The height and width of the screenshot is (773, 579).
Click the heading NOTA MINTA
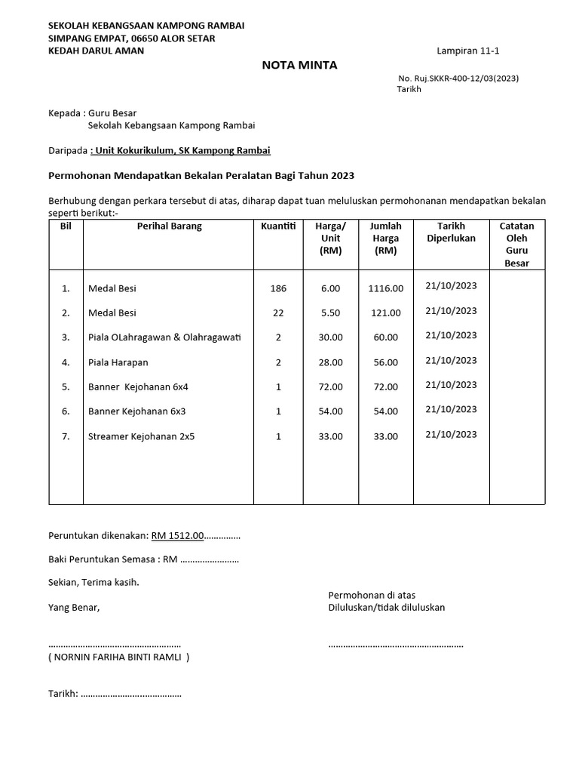click(299, 66)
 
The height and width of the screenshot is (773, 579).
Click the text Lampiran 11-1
click(467, 51)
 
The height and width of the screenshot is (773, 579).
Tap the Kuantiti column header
click(278, 226)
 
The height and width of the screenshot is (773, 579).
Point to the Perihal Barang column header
click(169, 226)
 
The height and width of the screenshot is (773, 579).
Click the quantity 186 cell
click(278, 288)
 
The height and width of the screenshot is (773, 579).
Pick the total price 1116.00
click(386, 288)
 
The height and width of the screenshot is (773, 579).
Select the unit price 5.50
click(330, 313)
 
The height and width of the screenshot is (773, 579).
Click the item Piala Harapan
click(118, 362)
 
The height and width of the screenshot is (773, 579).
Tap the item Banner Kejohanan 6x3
click(136, 411)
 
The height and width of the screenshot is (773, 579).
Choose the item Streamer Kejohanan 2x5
click(141, 436)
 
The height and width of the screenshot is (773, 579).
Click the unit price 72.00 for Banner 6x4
click(330, 387)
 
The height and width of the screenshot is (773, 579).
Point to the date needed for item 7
click(451, 434)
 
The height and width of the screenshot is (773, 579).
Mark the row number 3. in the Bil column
click(66, 337)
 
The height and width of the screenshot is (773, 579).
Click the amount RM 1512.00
click(178, 536)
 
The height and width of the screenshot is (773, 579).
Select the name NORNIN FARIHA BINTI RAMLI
click(119, 658)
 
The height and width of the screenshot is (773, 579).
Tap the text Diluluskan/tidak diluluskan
click(386, 608)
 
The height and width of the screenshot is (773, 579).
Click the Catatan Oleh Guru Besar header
click(516, 245)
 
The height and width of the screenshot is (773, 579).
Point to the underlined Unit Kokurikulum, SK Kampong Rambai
click(181, 150)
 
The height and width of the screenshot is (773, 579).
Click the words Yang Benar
click(74, 608)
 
